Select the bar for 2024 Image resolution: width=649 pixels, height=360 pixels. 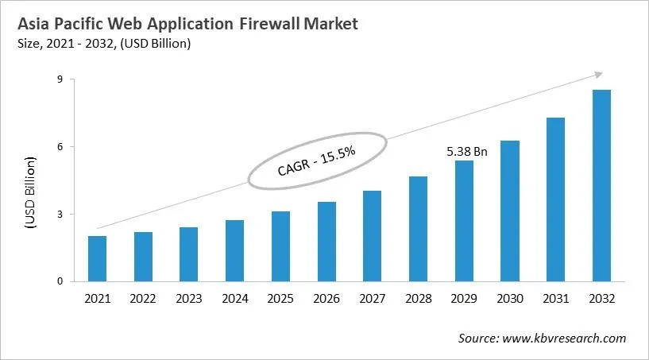(x=235, y=250)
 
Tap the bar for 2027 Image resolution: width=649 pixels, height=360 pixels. (x=373, y=235)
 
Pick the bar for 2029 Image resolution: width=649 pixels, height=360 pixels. (x=464, y=220)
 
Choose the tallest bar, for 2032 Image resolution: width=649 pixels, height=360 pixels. (x=601, y=185)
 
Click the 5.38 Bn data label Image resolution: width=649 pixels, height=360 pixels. (x=466, y=150)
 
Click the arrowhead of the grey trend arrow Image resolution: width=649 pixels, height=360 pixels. (x=598, y=75)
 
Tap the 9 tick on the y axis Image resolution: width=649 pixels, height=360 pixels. (x=60, y=79)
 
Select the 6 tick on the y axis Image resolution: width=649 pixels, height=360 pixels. (x=60, y=146)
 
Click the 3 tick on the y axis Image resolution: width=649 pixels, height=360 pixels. (x=60, y=214)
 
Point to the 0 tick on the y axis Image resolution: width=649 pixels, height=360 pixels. (x=60, y=281)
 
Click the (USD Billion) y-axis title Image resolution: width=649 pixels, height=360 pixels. (x=32, y=193)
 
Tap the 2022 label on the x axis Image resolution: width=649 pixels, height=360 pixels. (x=143, y=299)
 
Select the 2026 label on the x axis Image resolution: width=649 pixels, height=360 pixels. (x=326, y=299)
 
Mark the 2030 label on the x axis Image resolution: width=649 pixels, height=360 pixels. (x=510, y=299)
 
